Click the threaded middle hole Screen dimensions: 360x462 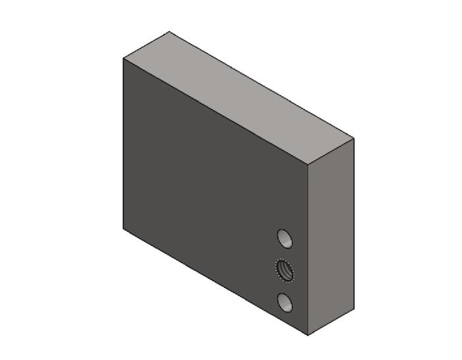click(x=284, y=270)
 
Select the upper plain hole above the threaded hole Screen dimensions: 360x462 click(x=284, y=238)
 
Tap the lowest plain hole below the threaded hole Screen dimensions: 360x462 click(x=285, y=303)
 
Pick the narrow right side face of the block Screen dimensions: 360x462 click(x=331, y=237)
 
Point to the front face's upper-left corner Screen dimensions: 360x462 click(x=123, y=59)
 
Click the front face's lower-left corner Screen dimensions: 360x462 click(x=123, y=228)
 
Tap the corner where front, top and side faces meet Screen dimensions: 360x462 click(x=308, y=165)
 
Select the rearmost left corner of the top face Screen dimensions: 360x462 click(x=169, y=32)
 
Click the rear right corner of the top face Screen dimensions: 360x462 click(x=354, y=138)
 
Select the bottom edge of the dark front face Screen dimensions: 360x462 click(x=216, y=282)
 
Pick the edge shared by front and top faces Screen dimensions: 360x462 click(x=216, y=112)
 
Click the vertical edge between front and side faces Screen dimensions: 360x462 click(x=308, y=251)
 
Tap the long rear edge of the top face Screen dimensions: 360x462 click(x=261, y=85)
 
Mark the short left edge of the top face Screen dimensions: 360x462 click(x=146, y=45)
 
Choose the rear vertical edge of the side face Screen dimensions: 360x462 click(x=354, y=224)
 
